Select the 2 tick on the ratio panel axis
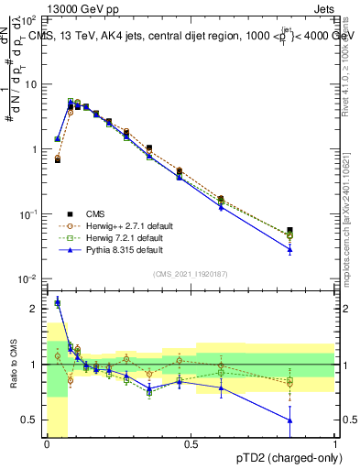click(x=35, y=309)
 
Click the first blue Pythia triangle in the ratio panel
click(x=58, y=301)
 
